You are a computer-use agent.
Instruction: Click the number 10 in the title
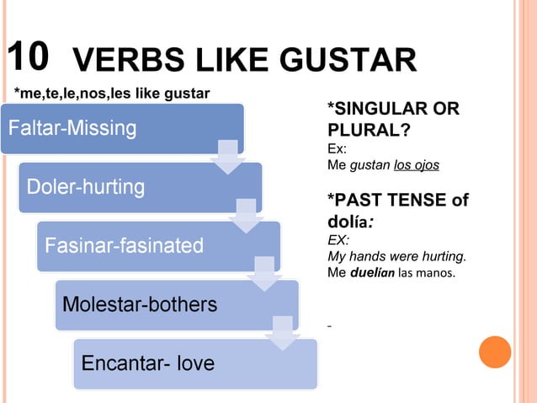point(28,56)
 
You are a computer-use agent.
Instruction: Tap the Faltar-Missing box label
point(72,129)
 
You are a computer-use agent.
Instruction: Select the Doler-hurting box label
point(86,186)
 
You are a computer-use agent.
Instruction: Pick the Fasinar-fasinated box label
point(124,245)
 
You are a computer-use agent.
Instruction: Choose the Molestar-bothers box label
point(141,304)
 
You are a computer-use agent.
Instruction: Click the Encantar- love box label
point(147,363)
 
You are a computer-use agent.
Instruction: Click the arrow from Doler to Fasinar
point(246,216)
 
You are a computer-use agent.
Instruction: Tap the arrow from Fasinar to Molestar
point(264,275)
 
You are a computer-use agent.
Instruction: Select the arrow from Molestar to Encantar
point(282,333)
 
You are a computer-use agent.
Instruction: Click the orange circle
point(495,352)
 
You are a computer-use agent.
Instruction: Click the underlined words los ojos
point(417,164)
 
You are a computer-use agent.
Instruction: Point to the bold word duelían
point(374,273)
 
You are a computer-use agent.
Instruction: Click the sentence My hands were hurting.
point(396,256)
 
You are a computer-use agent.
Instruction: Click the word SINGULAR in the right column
point(377,110)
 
